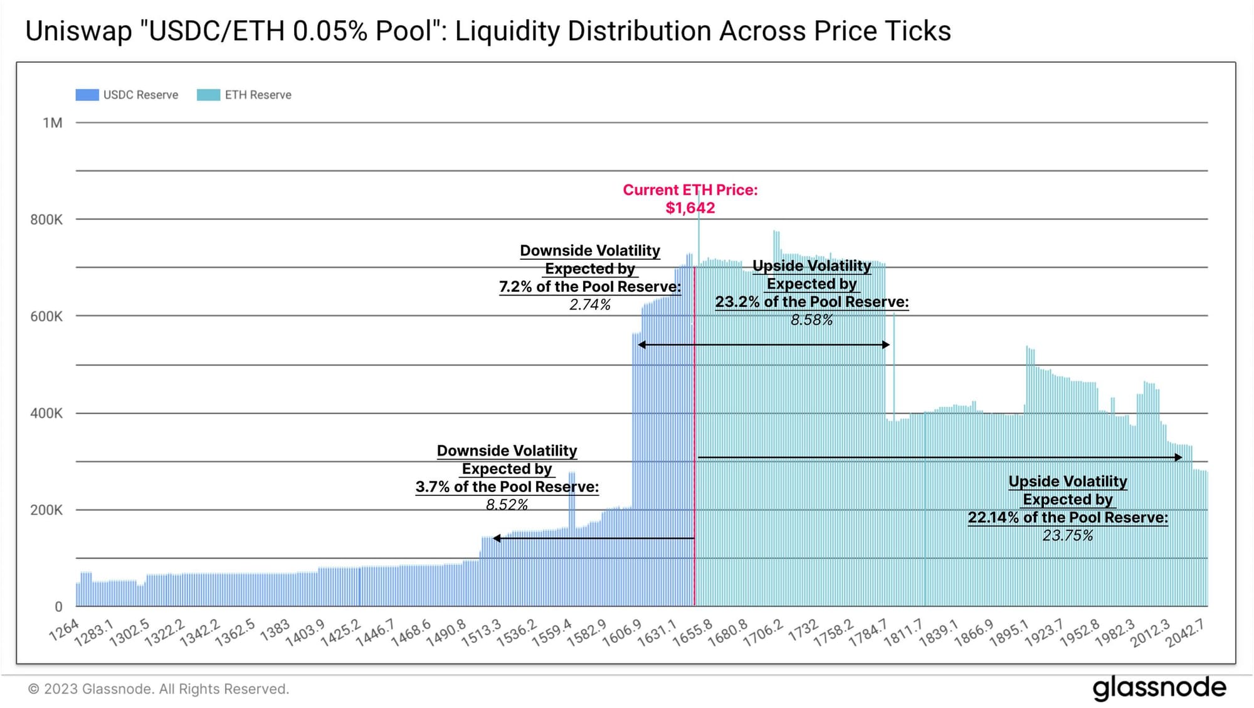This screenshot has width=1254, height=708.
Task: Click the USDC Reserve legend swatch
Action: [x=87, y=95]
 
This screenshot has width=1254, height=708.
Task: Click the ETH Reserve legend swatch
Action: [x=208, y=95]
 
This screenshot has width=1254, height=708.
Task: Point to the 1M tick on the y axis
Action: [x=53, y=123]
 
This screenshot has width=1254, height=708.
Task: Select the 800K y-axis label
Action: [x=46, y=220]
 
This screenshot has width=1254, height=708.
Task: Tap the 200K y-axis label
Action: [x=46, y=510]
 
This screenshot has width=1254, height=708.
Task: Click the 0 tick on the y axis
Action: [x=58, y=607]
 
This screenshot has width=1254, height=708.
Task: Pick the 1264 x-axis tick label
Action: [x=65, y=630]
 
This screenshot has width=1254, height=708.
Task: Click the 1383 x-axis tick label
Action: [x=275, y=630]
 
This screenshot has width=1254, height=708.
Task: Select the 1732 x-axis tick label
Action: [x=803, y=630]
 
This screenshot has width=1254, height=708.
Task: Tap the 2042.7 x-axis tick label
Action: [x=1185, y=633]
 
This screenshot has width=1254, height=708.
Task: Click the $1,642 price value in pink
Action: [x=690, y=208]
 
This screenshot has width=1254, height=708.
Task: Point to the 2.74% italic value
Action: [x=590, y=305]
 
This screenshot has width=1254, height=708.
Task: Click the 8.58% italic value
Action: [x=812, y=320]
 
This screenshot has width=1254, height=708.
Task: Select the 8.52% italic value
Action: [x=507, y=505]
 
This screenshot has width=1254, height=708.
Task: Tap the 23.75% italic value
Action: [x=1068, y=535]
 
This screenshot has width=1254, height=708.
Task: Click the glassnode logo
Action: [x=1159, y=689]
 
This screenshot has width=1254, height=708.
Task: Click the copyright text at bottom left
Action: [x=159, y=689]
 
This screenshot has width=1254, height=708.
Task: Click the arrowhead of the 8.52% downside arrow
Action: [x=497, y=539]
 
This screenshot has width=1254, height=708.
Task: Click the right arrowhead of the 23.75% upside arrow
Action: [x=1178, y=458]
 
